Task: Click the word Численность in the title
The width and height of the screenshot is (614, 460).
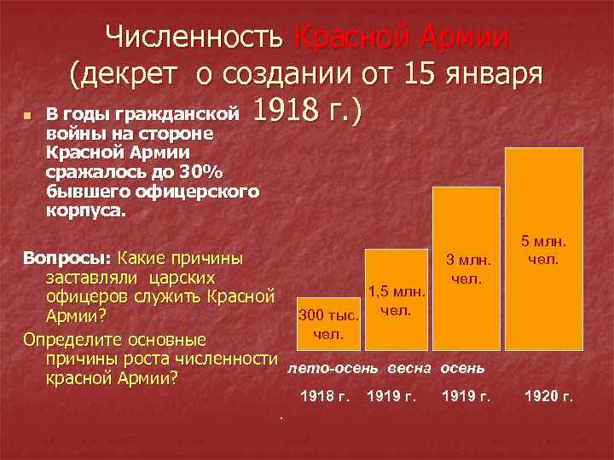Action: tap(195, 38)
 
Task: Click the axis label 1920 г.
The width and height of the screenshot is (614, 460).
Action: tap(548, 397)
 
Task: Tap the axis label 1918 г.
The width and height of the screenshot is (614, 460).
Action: tap(325, 397)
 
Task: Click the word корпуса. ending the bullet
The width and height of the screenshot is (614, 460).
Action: tap(86, 211)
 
